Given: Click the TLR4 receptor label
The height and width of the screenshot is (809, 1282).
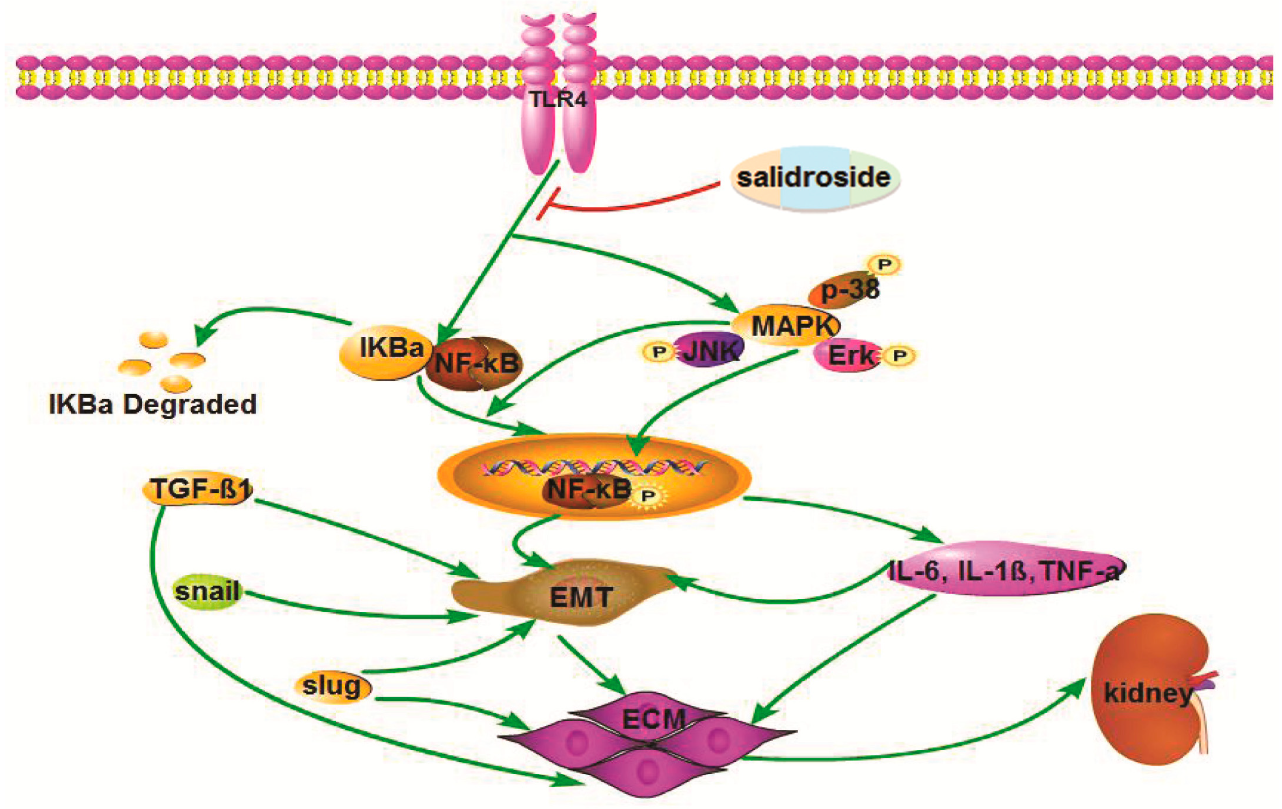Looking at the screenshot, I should pyautogui.click(x=557, y=99).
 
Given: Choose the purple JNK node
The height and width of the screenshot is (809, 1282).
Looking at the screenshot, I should pyautogui.click(x=708, y=350).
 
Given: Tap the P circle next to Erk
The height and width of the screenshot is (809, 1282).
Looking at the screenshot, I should pyautogui.click(x=900, y=356).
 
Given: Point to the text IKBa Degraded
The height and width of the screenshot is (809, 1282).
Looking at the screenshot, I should pyautogui.click(x=153, y=405).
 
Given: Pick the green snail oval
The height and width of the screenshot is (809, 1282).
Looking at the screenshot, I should pyautogui.click(x=208, y=591).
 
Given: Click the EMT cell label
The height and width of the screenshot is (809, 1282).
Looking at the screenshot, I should pyautogui.click(x=580, y=597).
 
